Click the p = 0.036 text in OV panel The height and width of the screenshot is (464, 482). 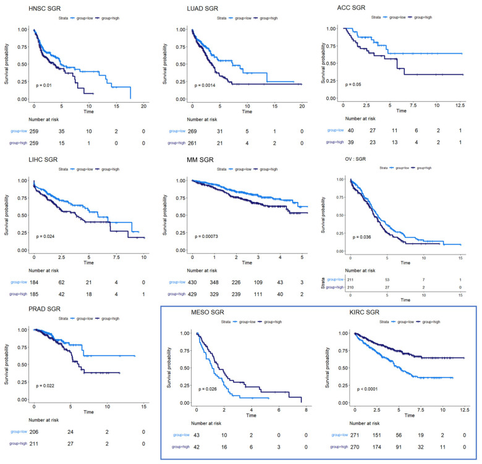363,237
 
